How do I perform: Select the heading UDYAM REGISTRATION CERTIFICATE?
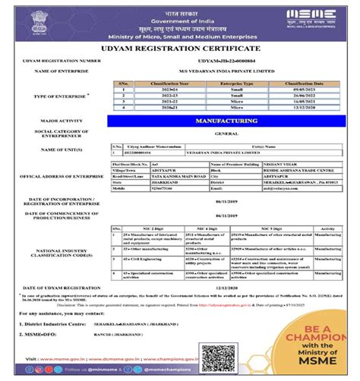pyautogui.click(x=179, y=49)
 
